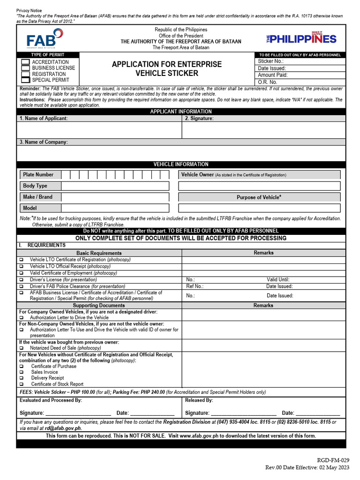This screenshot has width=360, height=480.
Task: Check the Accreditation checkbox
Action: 24,62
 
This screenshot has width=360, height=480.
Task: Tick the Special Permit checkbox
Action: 24,80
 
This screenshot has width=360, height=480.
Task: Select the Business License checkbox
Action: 24,68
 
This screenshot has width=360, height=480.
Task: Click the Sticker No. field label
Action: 270,61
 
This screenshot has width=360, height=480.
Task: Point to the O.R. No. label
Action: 268,82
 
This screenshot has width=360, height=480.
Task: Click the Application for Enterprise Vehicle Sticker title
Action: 166,68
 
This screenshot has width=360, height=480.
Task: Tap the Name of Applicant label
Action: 44,119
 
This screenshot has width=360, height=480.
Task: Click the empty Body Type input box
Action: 115,186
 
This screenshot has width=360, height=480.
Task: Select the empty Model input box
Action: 115,208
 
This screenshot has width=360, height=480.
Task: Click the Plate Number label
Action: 38,175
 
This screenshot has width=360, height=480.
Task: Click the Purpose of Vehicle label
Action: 259,197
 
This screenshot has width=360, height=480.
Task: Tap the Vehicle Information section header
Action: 181,165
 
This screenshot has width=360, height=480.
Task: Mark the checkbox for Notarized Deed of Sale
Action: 21,348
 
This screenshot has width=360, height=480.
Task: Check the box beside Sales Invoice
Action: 21,372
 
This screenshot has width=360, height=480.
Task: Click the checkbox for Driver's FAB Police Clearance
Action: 21,286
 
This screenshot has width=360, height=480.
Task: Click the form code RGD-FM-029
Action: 333,460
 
